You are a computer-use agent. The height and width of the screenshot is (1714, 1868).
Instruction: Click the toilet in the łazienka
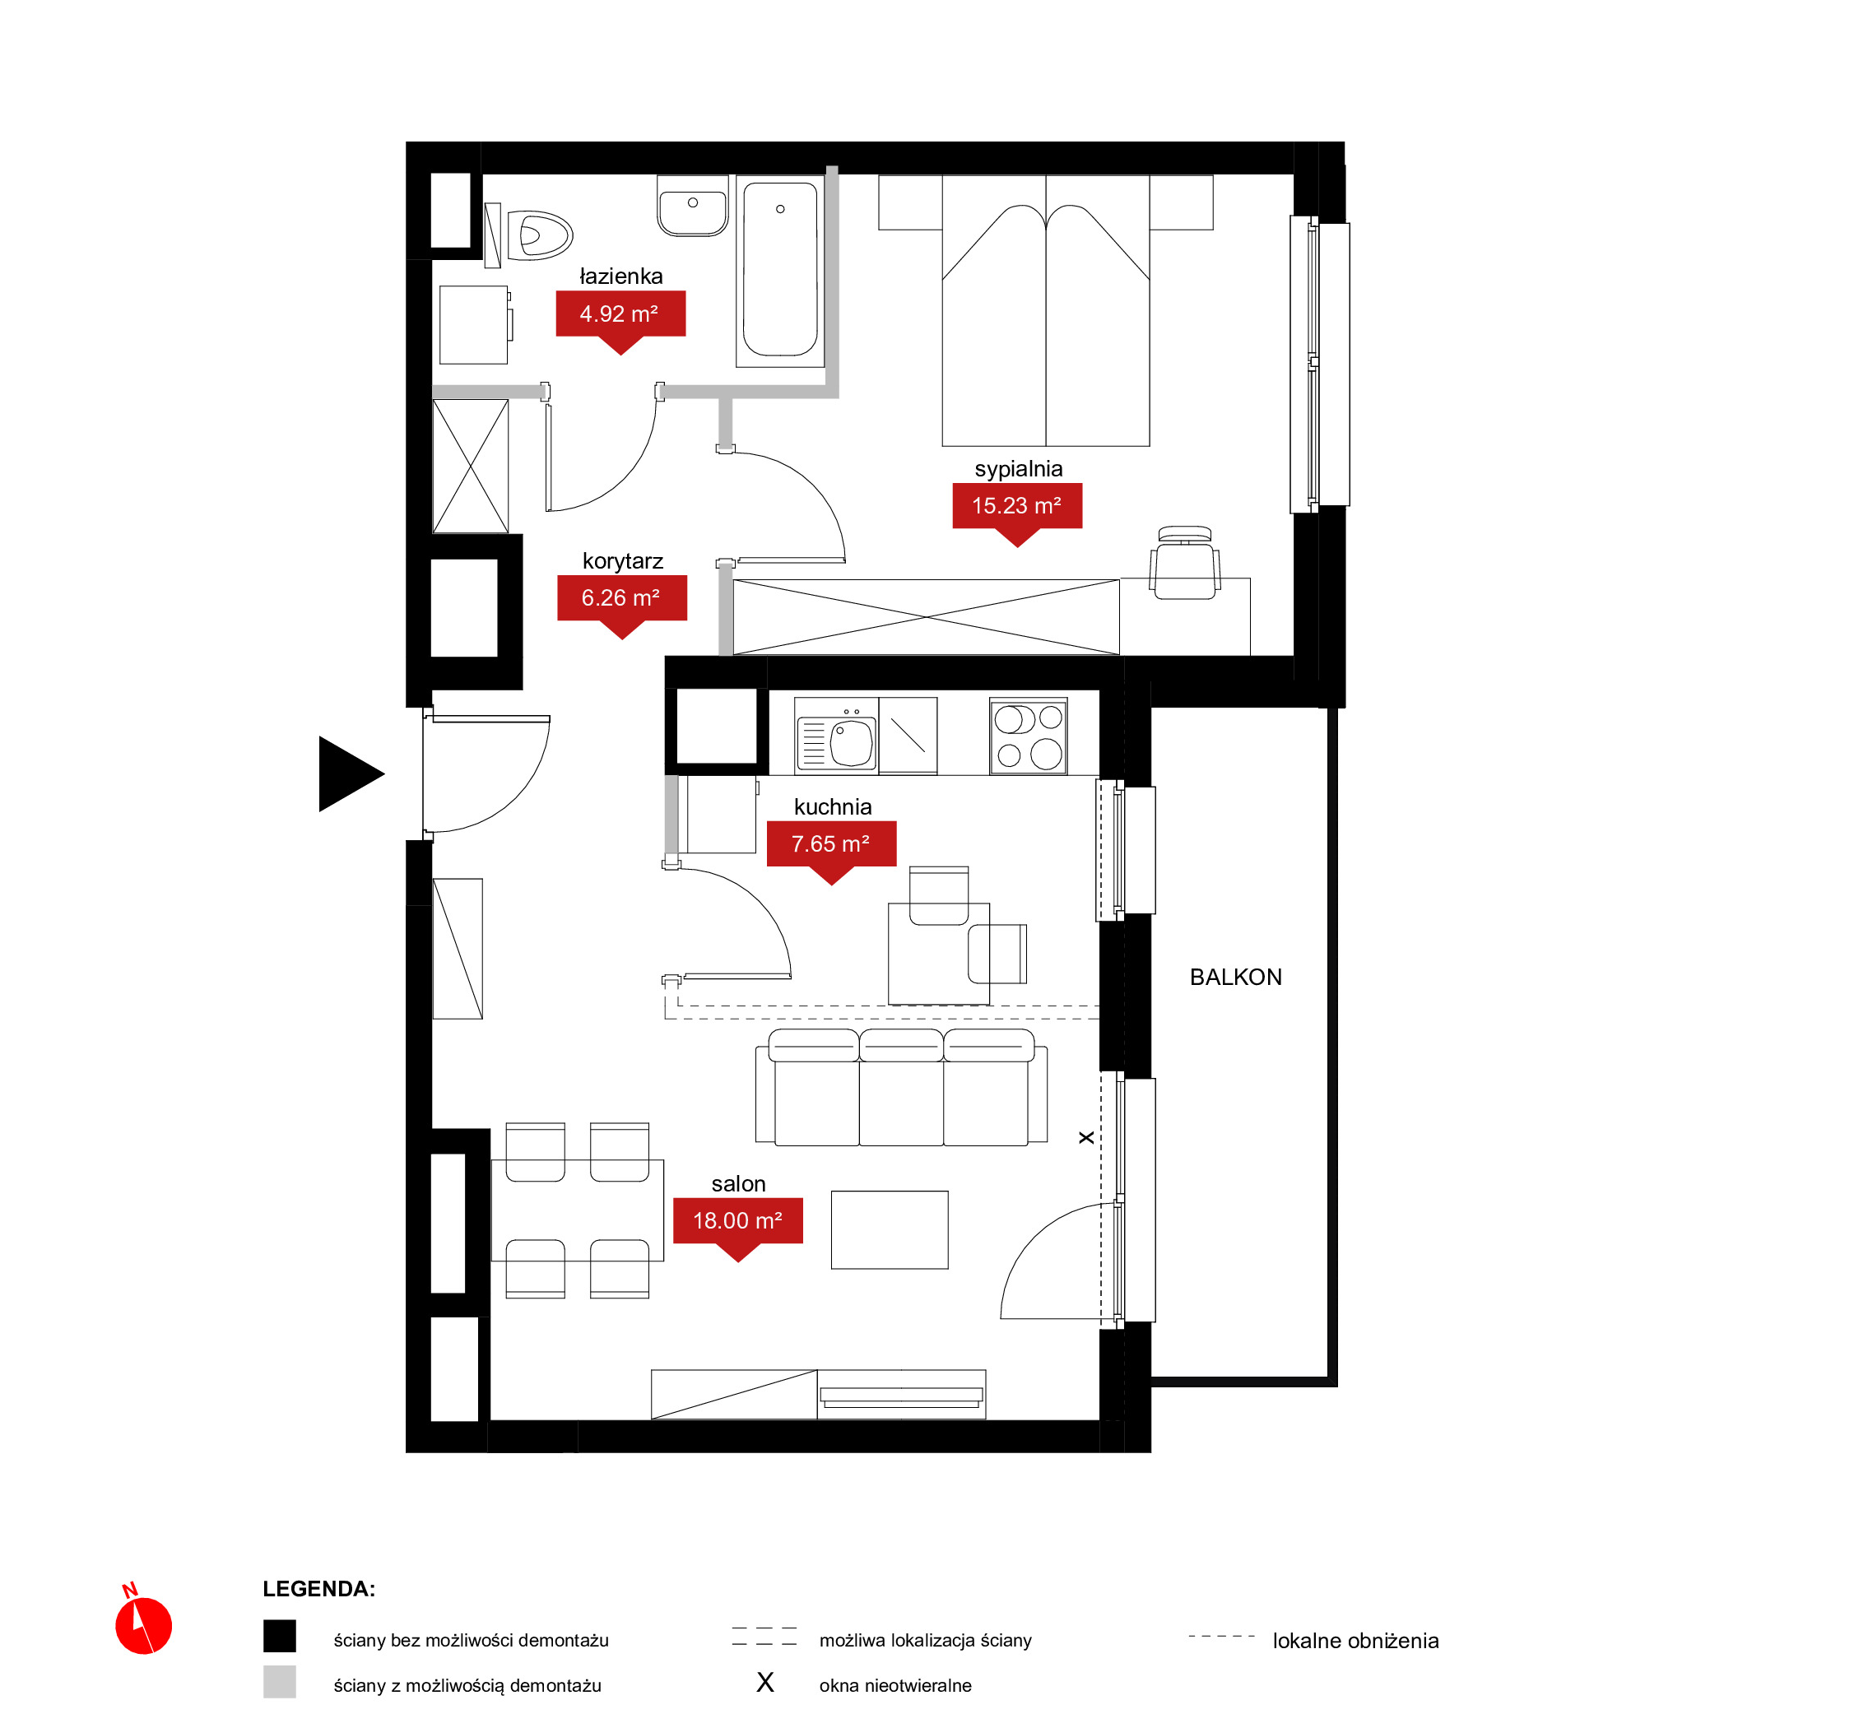pyautogui.click(x=532, y=235)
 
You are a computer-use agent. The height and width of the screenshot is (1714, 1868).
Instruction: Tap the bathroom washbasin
pyautogui.click(x=693, y=206)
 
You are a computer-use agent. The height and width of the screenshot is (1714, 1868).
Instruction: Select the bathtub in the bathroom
pyautogui.click(x=780, y=271)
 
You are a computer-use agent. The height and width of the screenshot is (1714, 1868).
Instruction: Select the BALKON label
pyautogui.click(x=1236, y=978)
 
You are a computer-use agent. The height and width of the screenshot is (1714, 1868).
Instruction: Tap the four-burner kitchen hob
pyautogui.click(x=1029, y=736)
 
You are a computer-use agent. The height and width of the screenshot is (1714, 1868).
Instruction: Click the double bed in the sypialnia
pyautogui.click(x=1046, y=311)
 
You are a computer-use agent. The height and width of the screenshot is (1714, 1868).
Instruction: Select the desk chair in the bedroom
pyautogui.click(x=1184, y=563)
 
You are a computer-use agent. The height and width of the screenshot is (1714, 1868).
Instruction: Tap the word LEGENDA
pyautogui.click(x=319, y=1590)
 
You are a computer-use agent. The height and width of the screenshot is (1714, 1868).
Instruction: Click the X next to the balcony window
pyautogui.click(x=1086, y=1138)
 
